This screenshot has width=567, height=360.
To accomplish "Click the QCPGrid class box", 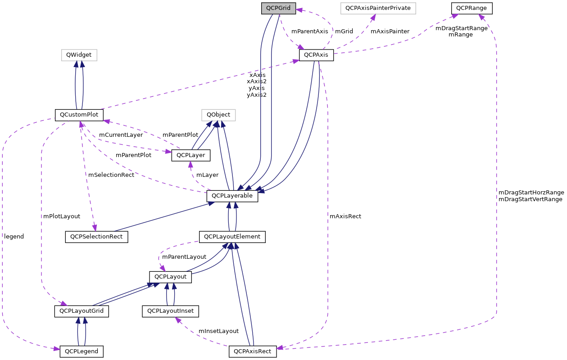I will click(x=279, y=8).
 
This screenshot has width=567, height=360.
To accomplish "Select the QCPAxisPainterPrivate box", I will click(x=378, y=8).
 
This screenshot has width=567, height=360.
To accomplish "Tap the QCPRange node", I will click(x=472, y=8).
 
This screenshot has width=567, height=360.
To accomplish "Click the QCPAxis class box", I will click(x=316, y=55).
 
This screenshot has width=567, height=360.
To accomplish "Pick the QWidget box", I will click(x=79, y=55).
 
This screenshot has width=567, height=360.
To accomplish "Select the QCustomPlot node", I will click(x=79, y=115).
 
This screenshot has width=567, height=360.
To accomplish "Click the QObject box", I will click(x=218, y=115).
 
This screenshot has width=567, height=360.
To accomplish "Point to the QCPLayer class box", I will click(x=191, y=155).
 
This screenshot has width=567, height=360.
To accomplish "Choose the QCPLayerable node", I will click(x=232, y=196).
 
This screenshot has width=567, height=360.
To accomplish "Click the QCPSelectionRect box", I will click(x=96, y=237).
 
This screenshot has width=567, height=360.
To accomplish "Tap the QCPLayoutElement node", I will click(x=232, y=237).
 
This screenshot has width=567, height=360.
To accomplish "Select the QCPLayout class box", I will click(x=170, y=277).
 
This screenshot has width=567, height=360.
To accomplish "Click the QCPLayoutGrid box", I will click(x=82, y=311).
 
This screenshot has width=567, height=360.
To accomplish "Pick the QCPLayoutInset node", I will click(x=171, y=311).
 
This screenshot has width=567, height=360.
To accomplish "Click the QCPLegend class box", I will click(x=82, y=351).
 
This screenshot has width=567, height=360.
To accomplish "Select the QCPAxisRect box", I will click(x=253, y=351).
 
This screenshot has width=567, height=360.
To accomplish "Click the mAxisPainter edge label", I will click(x=390, y=31).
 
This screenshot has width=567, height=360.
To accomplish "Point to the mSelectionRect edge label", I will click(x=111, y=175).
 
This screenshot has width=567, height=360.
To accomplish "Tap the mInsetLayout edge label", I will click(x=218, y=331).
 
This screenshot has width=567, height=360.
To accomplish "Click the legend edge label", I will click(x=14, y=236).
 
